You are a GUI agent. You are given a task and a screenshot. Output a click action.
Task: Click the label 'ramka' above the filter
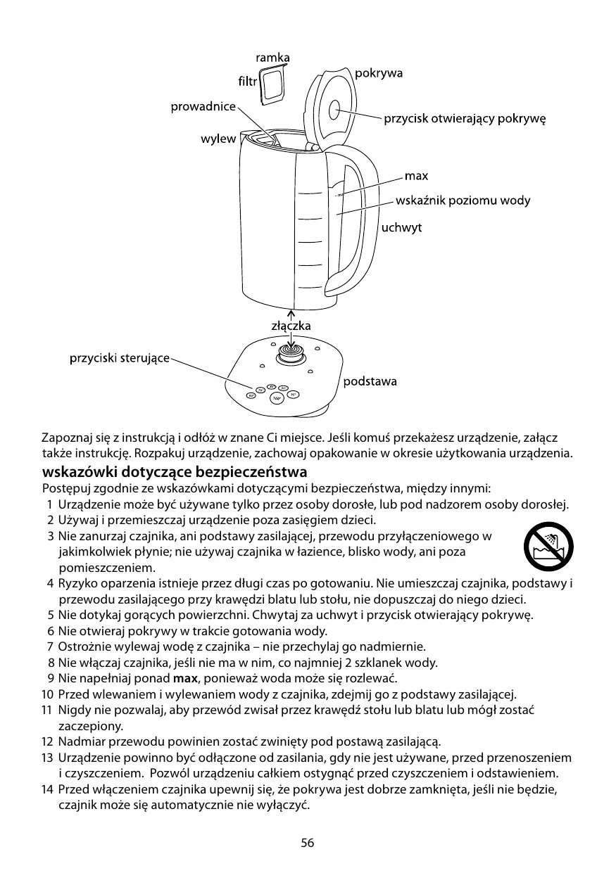coord(272,57)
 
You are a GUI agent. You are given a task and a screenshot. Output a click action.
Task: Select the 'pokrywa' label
coord(379,73)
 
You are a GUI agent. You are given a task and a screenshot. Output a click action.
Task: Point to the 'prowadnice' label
coord(203,106)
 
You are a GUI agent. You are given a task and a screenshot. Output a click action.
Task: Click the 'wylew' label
coord(218,139)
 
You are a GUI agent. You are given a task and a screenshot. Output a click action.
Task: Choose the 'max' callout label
coord(416,175)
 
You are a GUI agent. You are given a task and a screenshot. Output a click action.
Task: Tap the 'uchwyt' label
coord(401,228)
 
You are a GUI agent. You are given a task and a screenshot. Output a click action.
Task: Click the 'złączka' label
coord(291,326)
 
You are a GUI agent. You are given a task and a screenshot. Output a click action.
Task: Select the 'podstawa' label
coord(370,381)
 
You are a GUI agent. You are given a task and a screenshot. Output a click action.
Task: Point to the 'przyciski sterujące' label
coord(119,358)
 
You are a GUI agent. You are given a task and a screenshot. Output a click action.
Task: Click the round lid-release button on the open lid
coord(334,110)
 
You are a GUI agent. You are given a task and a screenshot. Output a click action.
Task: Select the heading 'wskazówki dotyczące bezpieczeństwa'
coord(175,471)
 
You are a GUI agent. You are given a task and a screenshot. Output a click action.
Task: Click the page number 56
coord(308,843)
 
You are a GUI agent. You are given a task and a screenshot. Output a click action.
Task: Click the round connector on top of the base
coord(289,352)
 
